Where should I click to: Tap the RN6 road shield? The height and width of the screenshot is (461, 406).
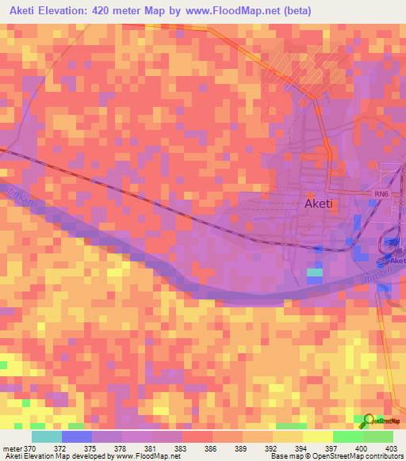click(x=381, y=193)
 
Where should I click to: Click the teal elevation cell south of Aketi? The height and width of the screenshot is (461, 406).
click(x=315, y=273)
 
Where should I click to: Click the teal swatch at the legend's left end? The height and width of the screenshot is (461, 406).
click(x=47, y=436)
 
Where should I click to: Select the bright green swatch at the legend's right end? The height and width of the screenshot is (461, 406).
click(x=377, y=436)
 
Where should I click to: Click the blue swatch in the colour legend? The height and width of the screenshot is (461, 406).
click(x=77, y=436)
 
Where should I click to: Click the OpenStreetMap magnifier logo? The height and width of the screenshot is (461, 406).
click(x=369, y=420)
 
